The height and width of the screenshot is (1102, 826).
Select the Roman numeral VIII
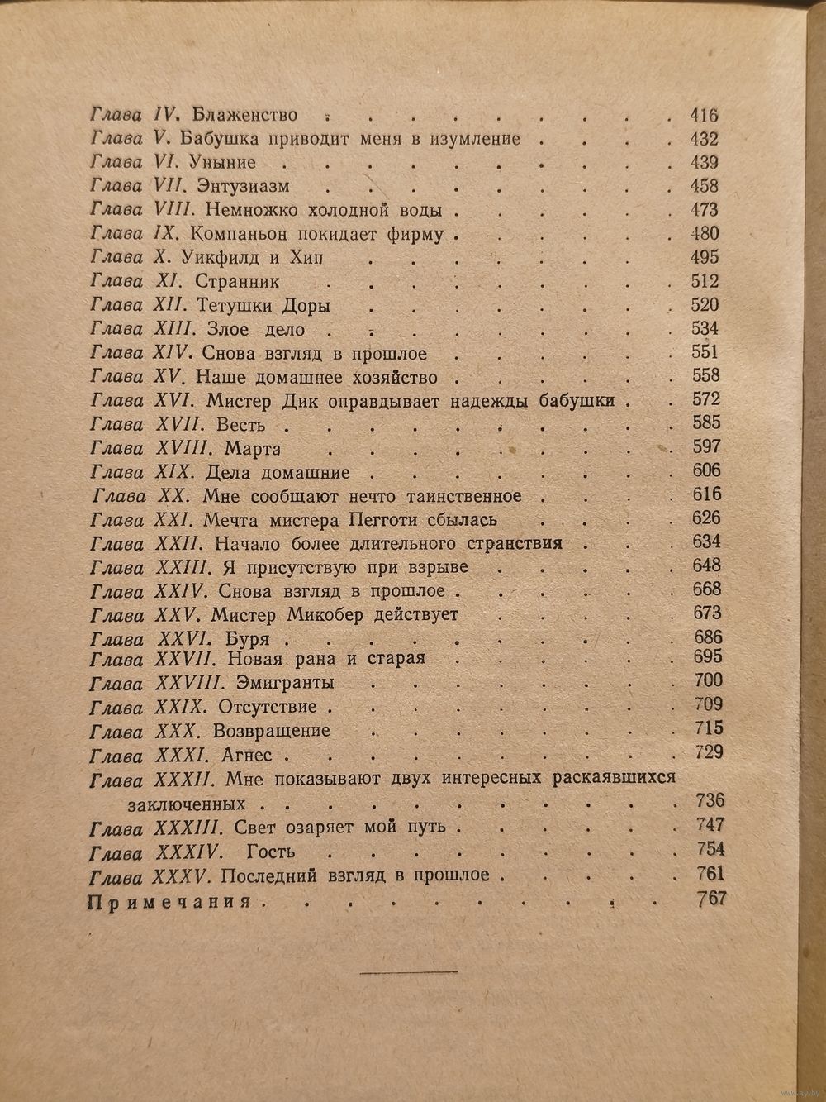coord(195,209)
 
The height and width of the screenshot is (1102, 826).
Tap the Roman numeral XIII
coord(195,328)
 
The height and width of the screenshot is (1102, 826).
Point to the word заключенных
coord(187,802)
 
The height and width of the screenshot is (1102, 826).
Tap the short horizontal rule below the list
coord(409,972)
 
